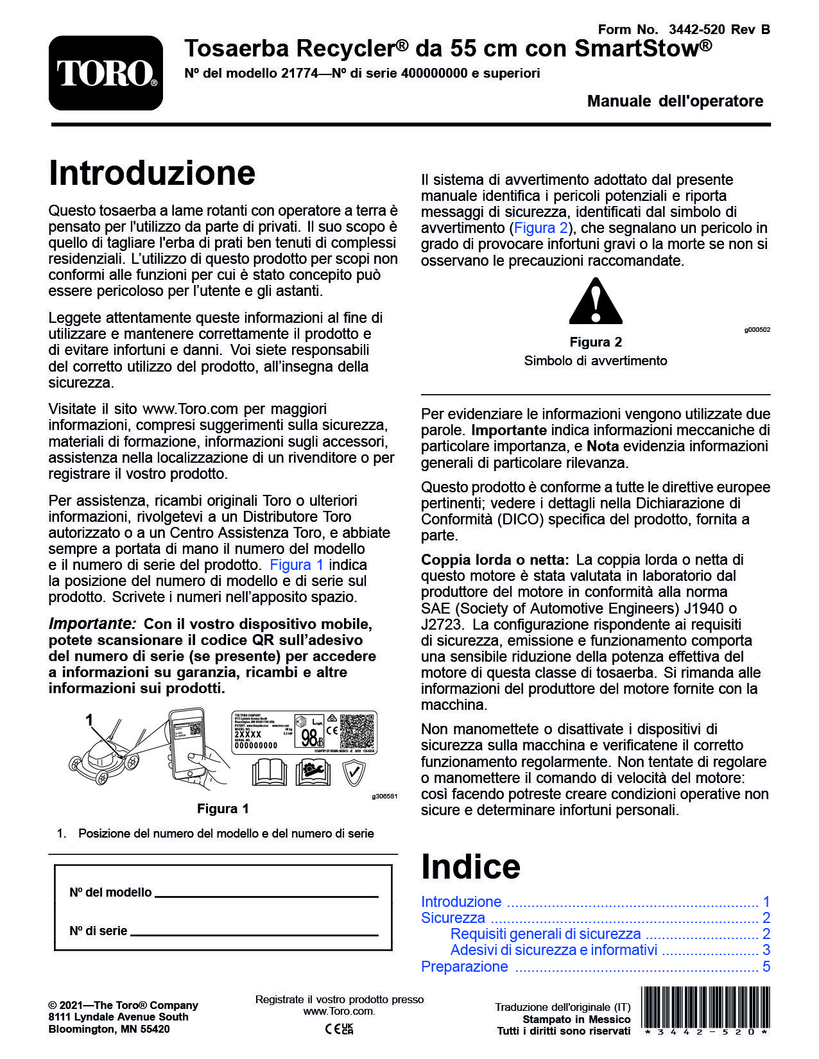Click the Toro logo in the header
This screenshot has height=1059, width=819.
click(x=106, y=73)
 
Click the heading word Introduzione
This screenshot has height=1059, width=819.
click(x=152, y=173)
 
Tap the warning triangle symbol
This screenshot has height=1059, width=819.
click(x=596, y=302)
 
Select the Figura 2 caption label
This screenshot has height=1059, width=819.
click(x=596, y=342)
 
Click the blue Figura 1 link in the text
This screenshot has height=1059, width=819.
click(x=297, y=565)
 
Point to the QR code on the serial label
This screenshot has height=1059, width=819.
click(x=357, y=732)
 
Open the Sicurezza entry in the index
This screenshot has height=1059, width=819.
click(x=453, y=918)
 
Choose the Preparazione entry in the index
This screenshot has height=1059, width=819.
click(x=464, y=967)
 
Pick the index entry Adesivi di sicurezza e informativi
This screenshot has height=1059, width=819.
click(x=553, y=950)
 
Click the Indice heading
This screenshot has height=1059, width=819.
click(x=470, y=866)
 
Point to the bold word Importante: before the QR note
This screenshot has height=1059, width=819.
click(x=92, y=624)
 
